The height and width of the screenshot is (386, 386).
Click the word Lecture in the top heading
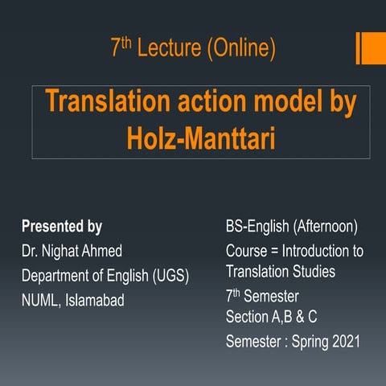pyautogui.click(x=170, y=50)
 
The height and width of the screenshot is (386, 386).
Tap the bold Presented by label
pyautogui.click(x=61, y=227)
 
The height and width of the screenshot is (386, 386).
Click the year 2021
pyautogui.click(x=344, y=342)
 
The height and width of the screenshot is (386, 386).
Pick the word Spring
pyautogui.click(x=306, y=342)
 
